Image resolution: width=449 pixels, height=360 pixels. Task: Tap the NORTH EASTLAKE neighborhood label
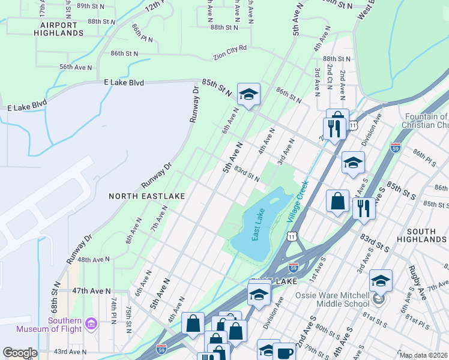pos(146,196)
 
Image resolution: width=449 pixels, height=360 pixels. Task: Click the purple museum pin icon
pos(91,324)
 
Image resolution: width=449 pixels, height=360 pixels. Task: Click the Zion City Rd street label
pos(230,57)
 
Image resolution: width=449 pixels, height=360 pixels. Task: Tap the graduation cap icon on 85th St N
pos(249,94)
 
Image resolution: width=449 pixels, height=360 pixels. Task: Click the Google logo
pos(19,353)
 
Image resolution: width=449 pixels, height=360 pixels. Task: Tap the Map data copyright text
pos(423,355)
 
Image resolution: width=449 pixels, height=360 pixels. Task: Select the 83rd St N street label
pos(247,175)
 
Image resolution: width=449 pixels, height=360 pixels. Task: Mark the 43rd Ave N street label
pos(70,352)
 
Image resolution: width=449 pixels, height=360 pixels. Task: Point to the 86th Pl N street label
pos(142,34)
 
